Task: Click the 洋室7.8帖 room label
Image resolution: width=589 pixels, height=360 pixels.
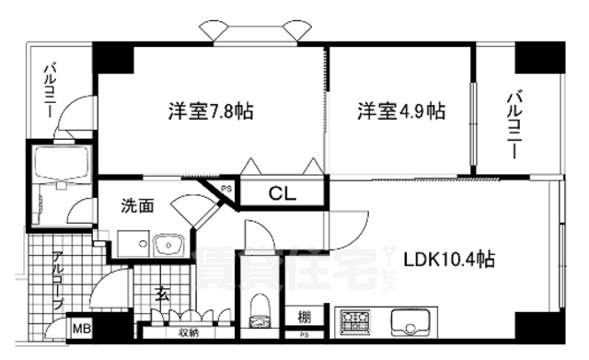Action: (211, 111)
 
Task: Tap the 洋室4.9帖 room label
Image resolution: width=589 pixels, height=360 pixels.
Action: (401, 111)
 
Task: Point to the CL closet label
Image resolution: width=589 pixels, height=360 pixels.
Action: (282, 193)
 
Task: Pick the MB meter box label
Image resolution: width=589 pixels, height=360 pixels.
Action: (81, 327)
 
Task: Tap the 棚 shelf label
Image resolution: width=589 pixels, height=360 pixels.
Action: (304, 318)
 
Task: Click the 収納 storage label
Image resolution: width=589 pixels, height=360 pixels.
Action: (189, 332)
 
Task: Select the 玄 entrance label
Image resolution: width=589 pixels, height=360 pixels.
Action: (162, 294)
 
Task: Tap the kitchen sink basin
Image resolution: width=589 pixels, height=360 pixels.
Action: (410, 324)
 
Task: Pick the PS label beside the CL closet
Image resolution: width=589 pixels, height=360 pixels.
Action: (226, 191)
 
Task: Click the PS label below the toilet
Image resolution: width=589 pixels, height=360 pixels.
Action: (260, 322)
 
